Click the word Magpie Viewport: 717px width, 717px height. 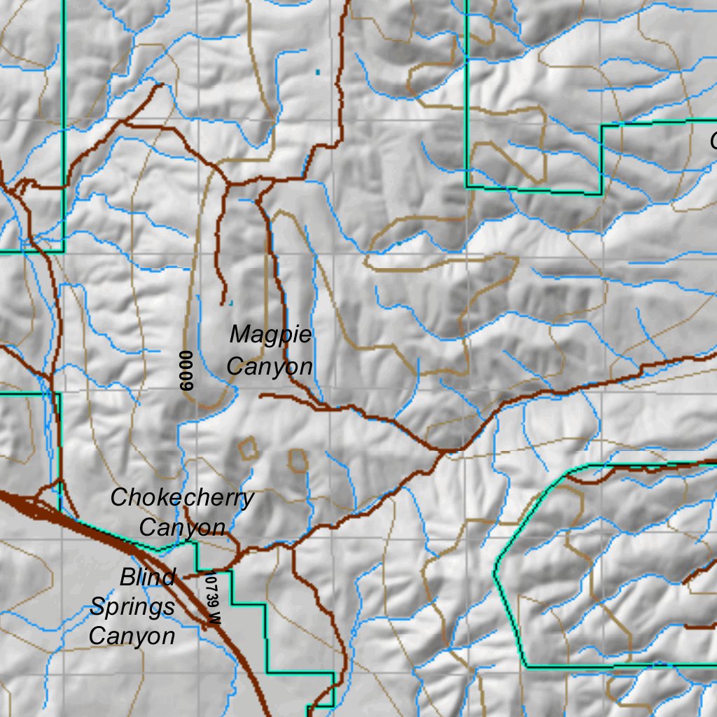[x=270, y=335]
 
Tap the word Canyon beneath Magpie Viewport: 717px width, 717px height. [x=269, y=366]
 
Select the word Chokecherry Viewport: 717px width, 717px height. [x=182, y=498]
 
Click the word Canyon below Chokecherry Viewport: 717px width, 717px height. [x=182, y=527]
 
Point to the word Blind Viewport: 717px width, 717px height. [x=147, y=578]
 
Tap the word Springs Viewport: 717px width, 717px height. [x=132, y=606]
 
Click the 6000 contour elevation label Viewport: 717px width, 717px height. [x=186, y=370]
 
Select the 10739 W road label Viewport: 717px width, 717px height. [x=213, y=599]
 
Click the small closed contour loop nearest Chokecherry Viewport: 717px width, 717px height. [x=247, y=447]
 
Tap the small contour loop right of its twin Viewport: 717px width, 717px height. [x=298, y=459]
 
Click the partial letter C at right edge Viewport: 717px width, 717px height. [x=713, y=141]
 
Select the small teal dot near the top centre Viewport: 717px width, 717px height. [x=318, y=71]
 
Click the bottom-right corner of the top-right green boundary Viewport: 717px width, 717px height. [x=601, y=193]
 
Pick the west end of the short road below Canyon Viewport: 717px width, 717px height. [x=260, y=396]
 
